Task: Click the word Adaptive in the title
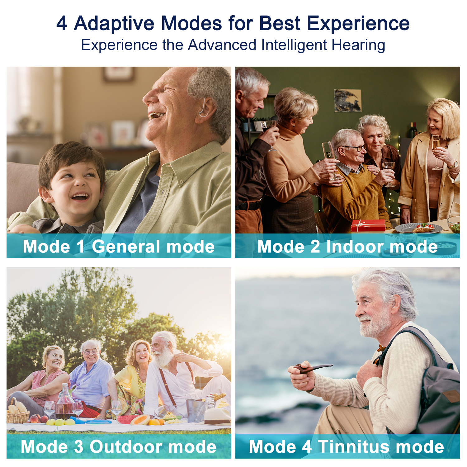114,24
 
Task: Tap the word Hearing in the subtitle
358,45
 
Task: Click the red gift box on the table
368,225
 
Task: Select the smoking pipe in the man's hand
311,368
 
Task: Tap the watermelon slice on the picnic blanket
126,419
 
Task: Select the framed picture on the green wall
348,100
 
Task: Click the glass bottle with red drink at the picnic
65,403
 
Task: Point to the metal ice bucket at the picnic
195,409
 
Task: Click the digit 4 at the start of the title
62,24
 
